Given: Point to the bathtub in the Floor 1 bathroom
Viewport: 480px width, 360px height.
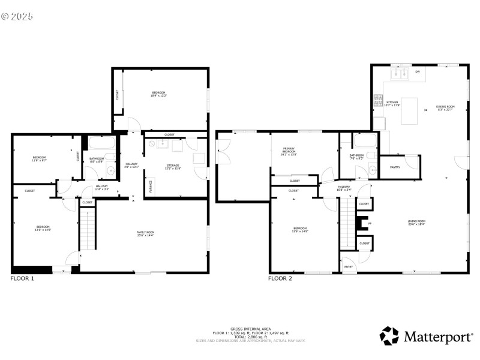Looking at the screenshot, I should tap(101, 144).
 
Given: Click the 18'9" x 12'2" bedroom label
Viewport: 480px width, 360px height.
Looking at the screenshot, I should tap(158, 94).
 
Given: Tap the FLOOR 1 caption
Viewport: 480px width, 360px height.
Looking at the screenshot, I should tap(22, 278).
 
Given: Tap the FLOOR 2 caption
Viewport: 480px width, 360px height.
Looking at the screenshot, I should tap(280, 278).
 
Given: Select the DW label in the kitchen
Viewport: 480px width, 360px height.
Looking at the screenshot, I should tap(417, 72).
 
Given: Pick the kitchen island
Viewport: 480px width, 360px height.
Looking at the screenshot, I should tap(409, 111).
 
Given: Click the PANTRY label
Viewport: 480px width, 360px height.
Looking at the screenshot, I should tap(395, 167).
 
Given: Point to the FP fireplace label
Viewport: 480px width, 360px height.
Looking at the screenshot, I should tap(370, 223).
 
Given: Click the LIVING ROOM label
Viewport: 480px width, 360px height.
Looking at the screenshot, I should tap(416, 222).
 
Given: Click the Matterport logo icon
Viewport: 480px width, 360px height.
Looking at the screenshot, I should tap(389, 336).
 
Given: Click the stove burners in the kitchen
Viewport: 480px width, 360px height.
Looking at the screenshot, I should tap(378, 101).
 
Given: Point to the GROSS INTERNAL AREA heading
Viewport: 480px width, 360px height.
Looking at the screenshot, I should tap(250, 329).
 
